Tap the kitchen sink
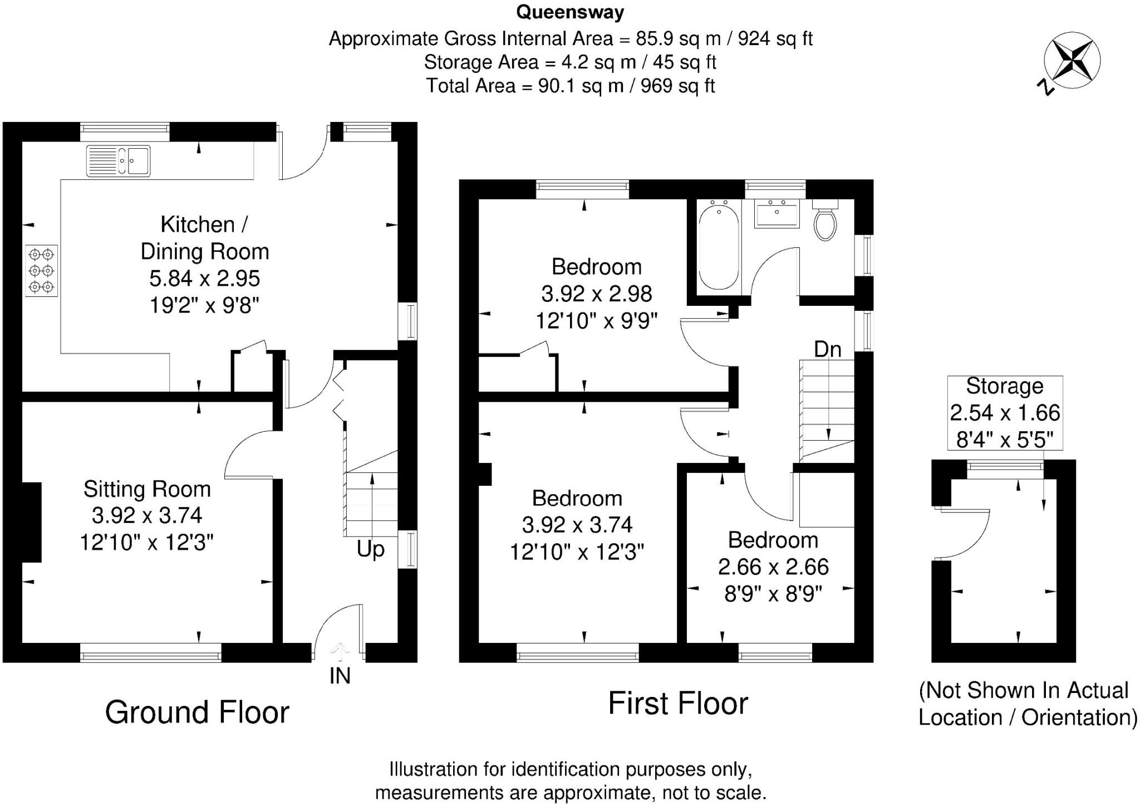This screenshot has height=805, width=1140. click(x=118, y=160)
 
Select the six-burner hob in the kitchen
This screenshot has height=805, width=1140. click(x=42, y=271)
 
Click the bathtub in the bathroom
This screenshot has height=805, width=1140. click(x=719, y=247)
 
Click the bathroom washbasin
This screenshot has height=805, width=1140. click(x=777, y=214)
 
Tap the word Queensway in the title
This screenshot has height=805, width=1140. click(x=570, y=12)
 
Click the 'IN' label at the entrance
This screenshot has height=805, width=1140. click(x=340, y=676)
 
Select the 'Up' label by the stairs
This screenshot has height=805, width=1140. click(x=370, y=549)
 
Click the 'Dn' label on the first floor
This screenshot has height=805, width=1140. click(x=827, y=349)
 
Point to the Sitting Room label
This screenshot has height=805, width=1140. click(x=147, y=489)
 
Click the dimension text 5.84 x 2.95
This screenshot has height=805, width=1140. click(x=204, y=278)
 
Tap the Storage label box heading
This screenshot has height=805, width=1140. click(x=1004, y=386)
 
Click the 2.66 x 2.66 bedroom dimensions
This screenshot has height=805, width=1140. click(x=773, y=567)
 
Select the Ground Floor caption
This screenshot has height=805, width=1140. click(x=197, y=712)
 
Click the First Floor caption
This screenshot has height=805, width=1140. click(x=677, y=703)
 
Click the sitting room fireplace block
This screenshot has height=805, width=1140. click(x=31, y=522)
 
